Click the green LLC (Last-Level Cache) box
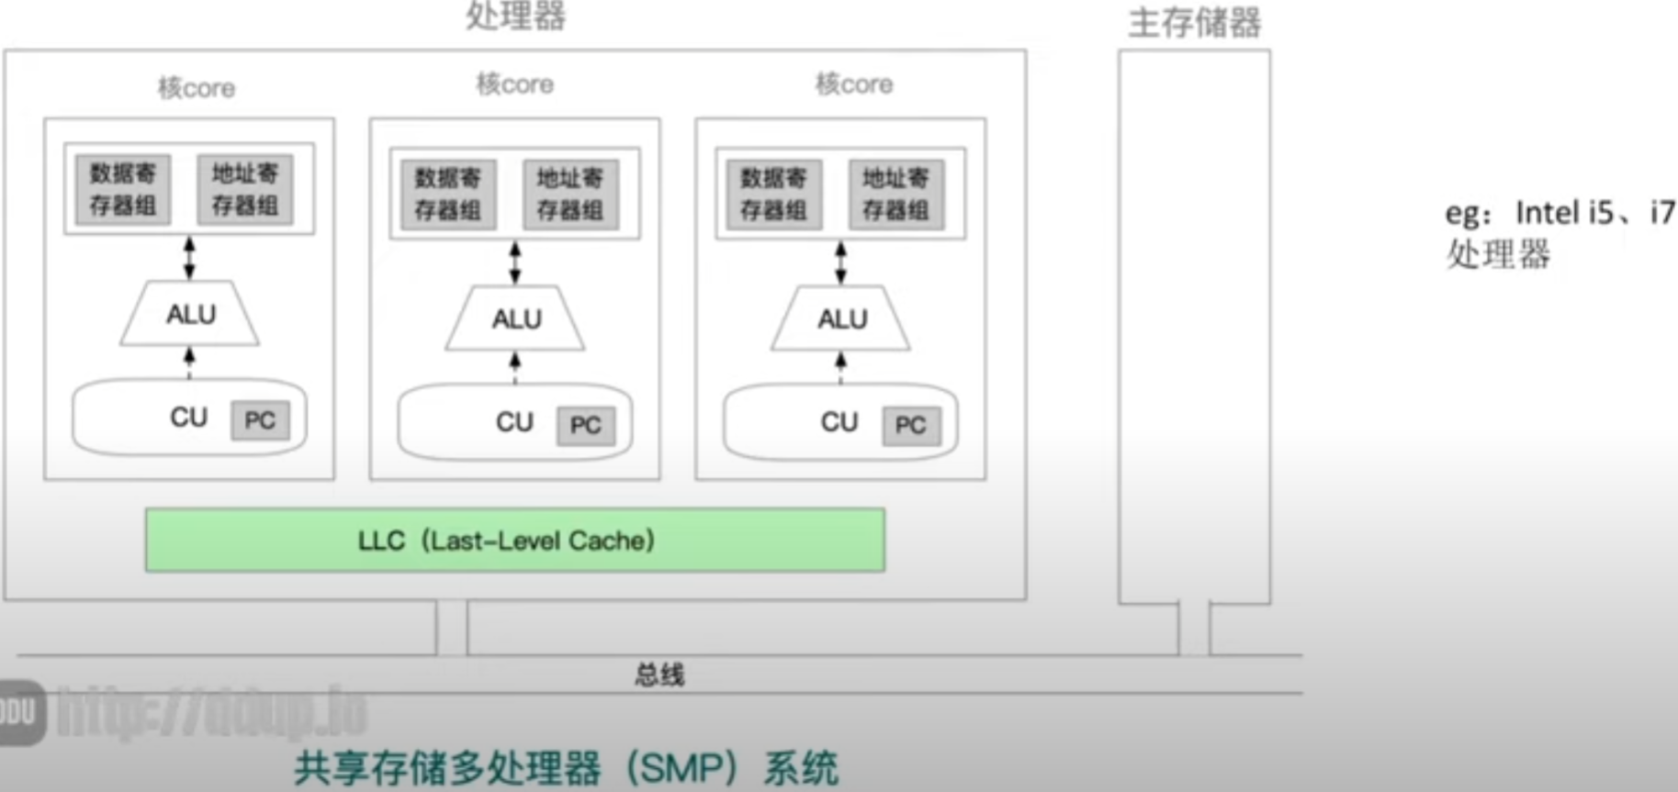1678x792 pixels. [x=514, y=541]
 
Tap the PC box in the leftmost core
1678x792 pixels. [x=260, y=420]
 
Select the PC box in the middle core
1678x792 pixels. [x=586, y=425]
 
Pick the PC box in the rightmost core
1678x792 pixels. [x=911, y=425]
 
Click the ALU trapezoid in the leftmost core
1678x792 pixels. [x=190, y=314]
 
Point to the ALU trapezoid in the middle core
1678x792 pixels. [x=515, y=318]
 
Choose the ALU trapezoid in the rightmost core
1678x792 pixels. [x=841, y=318]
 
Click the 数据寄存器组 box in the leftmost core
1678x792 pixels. [x=123, y=189]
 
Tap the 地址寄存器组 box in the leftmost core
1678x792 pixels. [x=245, y=189]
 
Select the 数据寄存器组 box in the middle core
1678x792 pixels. [x=448, y=194]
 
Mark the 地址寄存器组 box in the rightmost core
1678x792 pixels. [x=895, y=194]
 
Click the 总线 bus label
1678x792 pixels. [x=659, y=675]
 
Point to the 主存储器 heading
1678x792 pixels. [x=1194, y=23]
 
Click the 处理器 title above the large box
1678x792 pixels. [x=515, y=16]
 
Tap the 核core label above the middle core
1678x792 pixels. [x=514, y=84]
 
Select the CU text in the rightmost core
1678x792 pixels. [x=839, y=422]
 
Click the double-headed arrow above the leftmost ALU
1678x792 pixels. [x=189, y=258]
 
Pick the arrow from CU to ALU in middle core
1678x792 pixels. [x=515, y=367]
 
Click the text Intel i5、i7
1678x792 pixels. [x=1594, y=213]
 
